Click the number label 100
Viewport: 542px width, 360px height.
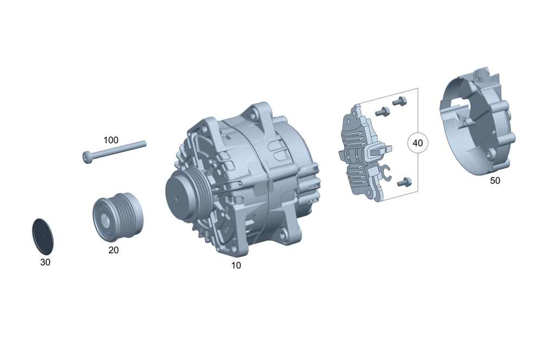point(111,140)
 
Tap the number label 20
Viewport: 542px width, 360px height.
point(113,250)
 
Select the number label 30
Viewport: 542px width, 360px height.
point(46,262)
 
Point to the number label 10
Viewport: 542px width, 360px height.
point(236,266)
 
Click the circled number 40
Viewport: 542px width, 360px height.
point(417,143)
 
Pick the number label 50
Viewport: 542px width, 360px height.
point(495,181)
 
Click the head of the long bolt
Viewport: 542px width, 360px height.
point(87,157)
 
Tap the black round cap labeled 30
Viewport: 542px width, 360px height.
point(43,236)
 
